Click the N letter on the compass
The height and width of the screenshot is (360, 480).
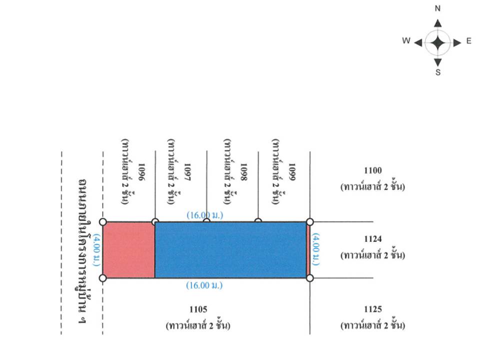tap(438, 8)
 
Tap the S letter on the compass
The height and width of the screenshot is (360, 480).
tap(438, 72)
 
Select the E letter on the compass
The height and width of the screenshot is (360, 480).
tap(469, 41)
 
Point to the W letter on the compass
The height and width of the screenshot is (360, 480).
tap(406, 40)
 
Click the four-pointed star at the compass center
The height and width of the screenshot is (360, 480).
tap(438, 43)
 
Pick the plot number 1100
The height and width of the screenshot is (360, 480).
tap(373, 170)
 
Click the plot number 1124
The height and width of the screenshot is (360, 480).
tap(373, 239)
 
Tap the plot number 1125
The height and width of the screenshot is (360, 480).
tap(373, 309)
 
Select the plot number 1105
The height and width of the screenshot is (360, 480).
tap(198, 309)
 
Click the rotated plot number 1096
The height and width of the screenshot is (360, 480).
tap(141, 172)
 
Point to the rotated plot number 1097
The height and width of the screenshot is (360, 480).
tap(187, 172)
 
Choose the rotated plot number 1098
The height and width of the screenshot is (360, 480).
tap(243, 172)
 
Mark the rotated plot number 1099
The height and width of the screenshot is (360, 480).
tap(292, 172)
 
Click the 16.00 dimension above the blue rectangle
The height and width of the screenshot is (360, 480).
tap(205, 215)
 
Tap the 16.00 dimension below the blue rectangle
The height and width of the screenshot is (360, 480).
tap(204, 285)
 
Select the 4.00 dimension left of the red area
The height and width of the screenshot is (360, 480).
tap(97, 250)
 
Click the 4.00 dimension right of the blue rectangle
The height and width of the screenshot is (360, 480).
tap(316, 249)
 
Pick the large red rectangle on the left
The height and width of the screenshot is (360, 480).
tap(128, 250)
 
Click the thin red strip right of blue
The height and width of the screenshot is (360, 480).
tap(308, 250)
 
